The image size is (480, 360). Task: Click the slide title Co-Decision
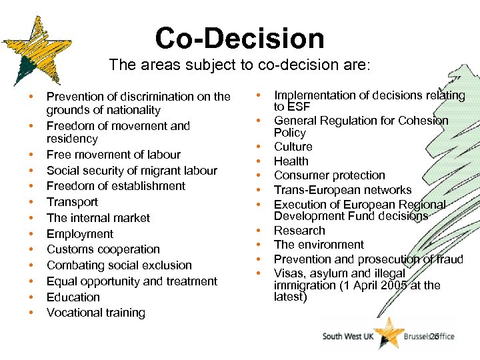coord(239,38)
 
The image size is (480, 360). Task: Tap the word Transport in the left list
coord(72,202)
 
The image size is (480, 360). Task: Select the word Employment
coord(80,234)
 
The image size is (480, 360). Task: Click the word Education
coord(73,297)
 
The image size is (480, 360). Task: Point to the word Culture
coord(293,147)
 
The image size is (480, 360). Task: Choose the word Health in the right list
coord(291,161)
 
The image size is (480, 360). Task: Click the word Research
coord(300,231)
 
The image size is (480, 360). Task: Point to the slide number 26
coord(435,337)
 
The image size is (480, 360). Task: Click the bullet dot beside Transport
coord(31,202)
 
